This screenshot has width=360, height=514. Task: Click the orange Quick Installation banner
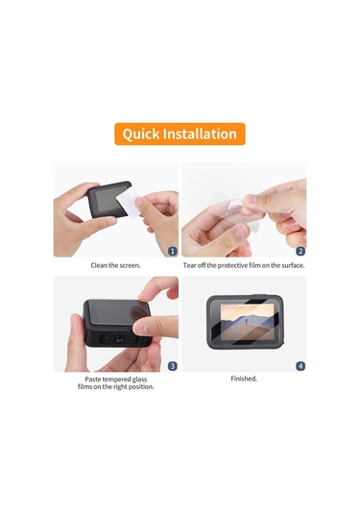[x=180, y=134]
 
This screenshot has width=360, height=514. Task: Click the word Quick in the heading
[x=141, y=135]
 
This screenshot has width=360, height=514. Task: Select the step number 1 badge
[x=173, y=251]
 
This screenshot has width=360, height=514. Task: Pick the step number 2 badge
[x=300, y=251]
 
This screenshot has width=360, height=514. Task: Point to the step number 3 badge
[x=173, y=366]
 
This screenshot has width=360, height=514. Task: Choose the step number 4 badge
[x=300, y=366]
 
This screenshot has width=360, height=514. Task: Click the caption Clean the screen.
[x=115, y=265]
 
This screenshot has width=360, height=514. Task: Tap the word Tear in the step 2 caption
[x=189, y=265]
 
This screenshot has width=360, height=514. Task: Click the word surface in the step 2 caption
[x=293, y=265]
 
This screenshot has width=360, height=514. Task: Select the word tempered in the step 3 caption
[x=115, y=379]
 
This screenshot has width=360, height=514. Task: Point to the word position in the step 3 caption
[x=141, y=387]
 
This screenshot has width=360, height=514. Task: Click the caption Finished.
[x=244, y=379]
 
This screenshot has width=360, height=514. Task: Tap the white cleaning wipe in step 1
[x=128, y=204]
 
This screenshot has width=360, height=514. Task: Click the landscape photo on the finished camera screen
[x=248, y=322]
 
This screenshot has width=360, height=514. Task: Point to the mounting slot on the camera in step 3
[x=119, y=338]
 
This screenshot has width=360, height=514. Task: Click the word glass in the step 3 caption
[x=139, y=379]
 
